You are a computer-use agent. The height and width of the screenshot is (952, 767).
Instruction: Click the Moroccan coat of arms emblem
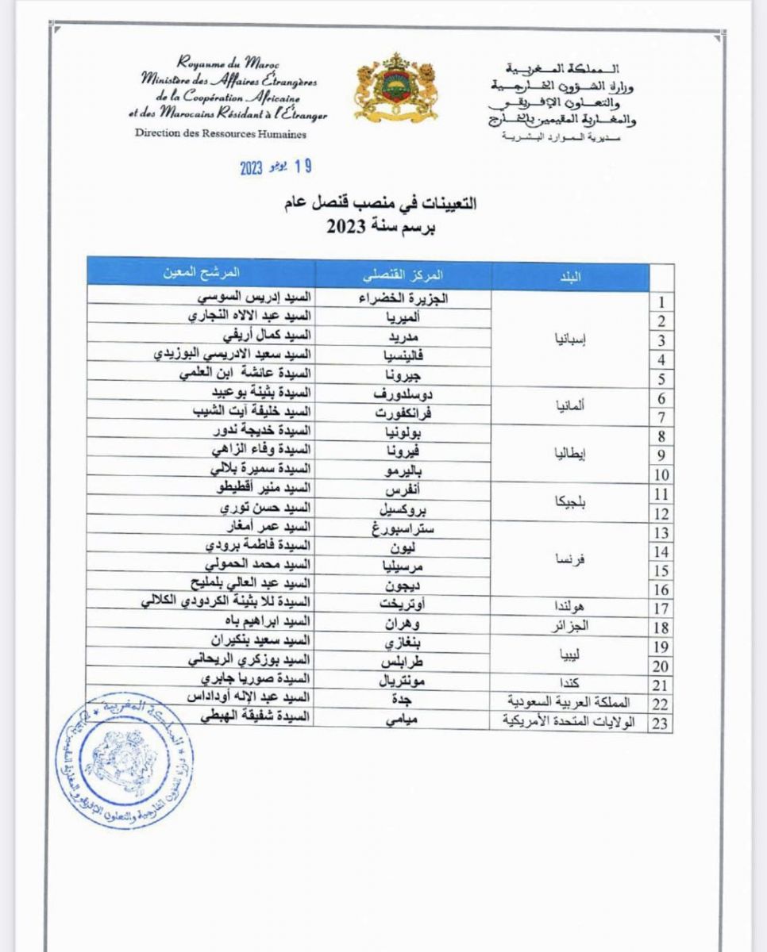point(396,88)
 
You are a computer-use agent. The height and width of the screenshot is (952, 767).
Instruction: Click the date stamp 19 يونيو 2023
point(276,167)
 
